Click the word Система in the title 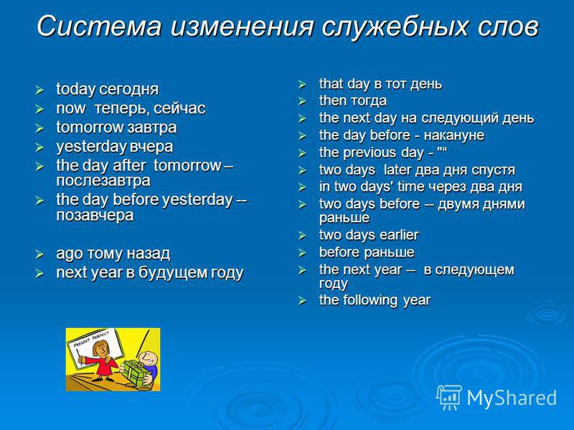point(99,27)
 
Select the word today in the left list point(76,90)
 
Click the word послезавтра point(103,181)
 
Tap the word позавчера point(95,215)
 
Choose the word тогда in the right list point(369,101)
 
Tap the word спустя point(493,171)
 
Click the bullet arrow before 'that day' point(301,85)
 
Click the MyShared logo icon point(448,397)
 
